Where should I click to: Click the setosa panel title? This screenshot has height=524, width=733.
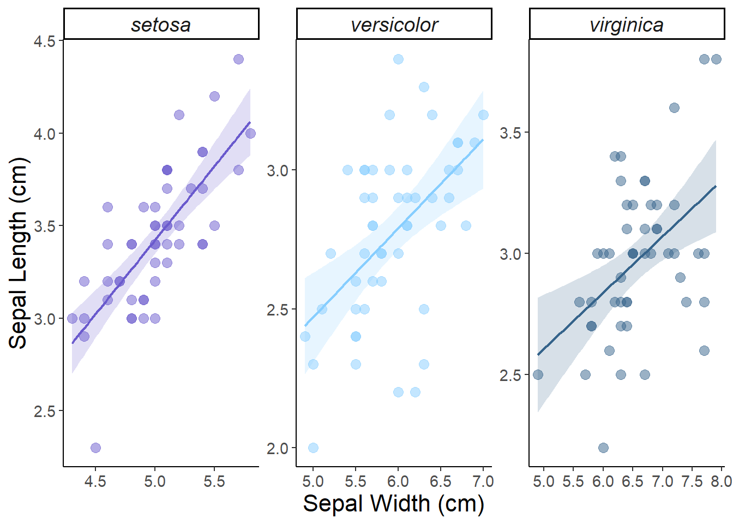[161, 25]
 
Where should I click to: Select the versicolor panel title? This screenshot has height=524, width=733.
[394, 25]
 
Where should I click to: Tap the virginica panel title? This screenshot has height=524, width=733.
[627, 25]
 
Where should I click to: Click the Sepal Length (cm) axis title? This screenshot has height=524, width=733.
[18, 253]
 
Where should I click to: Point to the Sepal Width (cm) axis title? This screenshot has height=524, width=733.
[394, 503]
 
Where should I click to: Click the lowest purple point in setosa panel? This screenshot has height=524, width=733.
[95, 448]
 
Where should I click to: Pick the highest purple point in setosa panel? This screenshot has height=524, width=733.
[238, 59]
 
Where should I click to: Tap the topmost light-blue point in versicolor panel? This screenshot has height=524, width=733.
[398, 59]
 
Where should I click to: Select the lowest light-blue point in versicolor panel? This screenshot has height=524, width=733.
[313, 448]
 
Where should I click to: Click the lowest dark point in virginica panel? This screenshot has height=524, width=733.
[603, 448]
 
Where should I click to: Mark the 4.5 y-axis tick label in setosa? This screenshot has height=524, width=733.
[45, 41]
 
